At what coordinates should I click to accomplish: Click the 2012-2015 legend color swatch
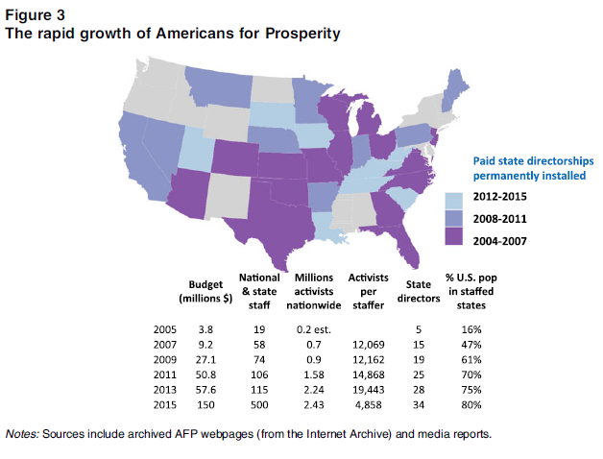tap(454, 199)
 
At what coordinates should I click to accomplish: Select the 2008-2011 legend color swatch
tap(454, 218)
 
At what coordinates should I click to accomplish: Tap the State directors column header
tap(418, 292)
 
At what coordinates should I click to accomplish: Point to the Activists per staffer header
tap(370, 292)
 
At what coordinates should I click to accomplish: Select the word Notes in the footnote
tap(24, 433)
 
